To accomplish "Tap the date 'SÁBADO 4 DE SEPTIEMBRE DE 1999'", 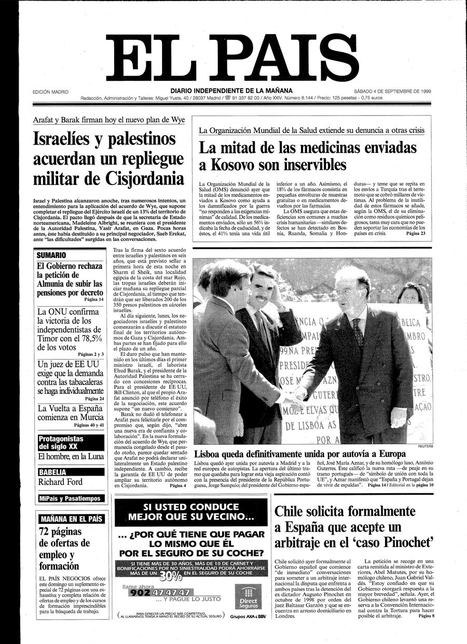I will pyautogui.click(x=389, y=91).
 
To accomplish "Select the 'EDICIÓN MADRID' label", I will pyautogui.click(x=50, y=92).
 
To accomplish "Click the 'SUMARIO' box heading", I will pyautogui.click(x=51, y=255).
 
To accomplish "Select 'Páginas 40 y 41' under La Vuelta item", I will pyautogui.click(x=89, y=425).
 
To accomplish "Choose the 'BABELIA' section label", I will pyautogui.click(x=53, y=472).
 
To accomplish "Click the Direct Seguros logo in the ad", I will pyautogui.click(x=248, y=597).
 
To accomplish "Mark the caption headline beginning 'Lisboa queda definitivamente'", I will pyautogui.click(x=293, y=453).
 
